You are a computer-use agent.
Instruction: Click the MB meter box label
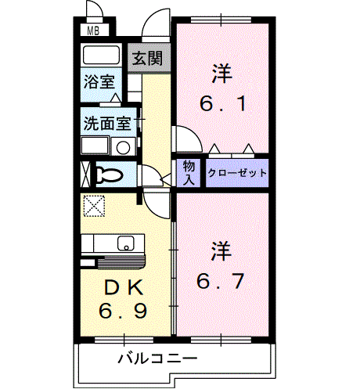pos(93,32)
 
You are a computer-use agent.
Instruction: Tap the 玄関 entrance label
pos(146,57)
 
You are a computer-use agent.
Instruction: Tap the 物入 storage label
pos(189,172)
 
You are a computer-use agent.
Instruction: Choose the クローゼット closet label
pos(237,172)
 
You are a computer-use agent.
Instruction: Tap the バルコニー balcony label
pos(157,359)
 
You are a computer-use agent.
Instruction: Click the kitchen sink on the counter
pos(126,243)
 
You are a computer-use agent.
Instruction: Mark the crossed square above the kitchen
pos(94,206)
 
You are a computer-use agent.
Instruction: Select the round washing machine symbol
pos(123,147)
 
